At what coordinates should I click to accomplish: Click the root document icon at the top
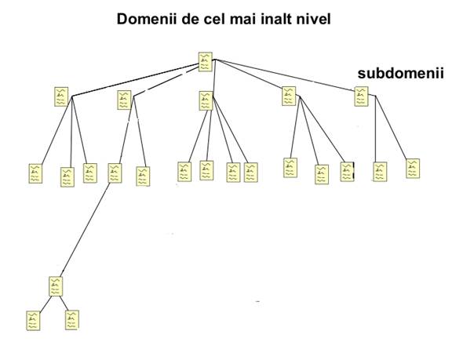click(206, 62)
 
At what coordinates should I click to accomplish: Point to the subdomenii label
click(401, 73)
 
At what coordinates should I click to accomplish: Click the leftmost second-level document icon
click(61, 96)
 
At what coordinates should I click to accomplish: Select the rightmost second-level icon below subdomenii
click(361, 96)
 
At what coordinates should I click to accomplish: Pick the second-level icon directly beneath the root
click(206, 101)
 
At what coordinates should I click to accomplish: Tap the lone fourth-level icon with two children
click(56, 286)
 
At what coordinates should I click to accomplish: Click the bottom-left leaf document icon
click(33, 321)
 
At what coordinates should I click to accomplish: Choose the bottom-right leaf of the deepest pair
click(72, 320)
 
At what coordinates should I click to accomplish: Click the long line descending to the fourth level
click(86, 229)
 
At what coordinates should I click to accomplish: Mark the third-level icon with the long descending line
click(115, 173)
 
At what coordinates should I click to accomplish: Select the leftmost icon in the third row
click(35, 173)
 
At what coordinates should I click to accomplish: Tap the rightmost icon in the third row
click(413, 169)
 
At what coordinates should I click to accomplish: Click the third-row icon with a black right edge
click(347, 172)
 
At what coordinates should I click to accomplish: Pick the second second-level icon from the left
click(124, 100)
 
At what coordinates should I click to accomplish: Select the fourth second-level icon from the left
click(289, 96)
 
